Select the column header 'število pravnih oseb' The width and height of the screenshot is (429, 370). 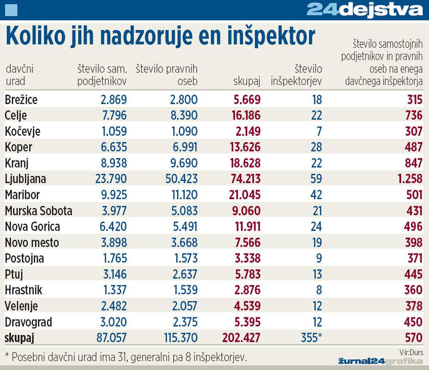point(167,75)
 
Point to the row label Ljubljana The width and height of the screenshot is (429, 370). point(26,179)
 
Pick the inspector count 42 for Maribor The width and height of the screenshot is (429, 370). point(316,195)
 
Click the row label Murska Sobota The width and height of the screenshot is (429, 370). point(38,211)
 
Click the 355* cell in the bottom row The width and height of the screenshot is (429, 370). point(312,338)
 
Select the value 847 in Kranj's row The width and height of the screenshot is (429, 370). point(413,163)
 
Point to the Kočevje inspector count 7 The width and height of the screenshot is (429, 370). point(319,131)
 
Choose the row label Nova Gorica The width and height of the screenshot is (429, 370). point(32,227)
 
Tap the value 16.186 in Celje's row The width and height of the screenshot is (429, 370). point(246,115)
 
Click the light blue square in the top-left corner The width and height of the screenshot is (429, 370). point(10,10)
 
